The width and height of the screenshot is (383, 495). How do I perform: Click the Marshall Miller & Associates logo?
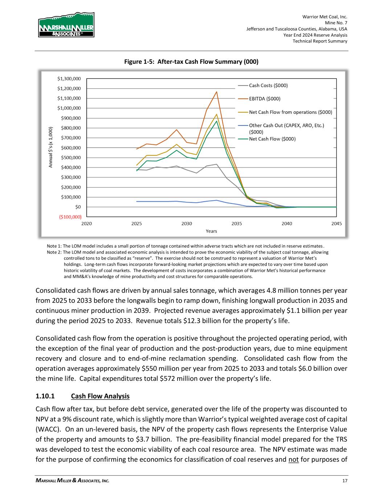click(66, 25)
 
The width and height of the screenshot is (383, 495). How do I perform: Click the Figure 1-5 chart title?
click(191, 62)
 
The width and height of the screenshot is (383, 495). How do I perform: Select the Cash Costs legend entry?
click(268, 86)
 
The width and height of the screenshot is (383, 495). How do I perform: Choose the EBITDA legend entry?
click(264, 99)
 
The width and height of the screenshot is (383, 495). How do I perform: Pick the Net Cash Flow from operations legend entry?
click(290, 112)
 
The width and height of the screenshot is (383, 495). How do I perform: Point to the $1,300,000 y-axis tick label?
click(69, 78)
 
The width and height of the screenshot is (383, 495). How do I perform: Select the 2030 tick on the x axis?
click(187, 224)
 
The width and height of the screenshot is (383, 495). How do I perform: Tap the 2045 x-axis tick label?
click(337, 224)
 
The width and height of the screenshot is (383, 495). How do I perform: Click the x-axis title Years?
click(211, 231)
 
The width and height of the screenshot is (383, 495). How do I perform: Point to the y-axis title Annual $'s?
click(52, 147)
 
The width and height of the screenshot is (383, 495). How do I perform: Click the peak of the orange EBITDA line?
click(217, 92)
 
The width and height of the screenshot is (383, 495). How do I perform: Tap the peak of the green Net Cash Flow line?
click(217, 121)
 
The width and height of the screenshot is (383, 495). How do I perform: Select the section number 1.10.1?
click(45, 396)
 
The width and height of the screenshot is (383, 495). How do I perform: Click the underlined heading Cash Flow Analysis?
click(100, 396)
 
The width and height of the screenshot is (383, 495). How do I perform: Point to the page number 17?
click(345, 481)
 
